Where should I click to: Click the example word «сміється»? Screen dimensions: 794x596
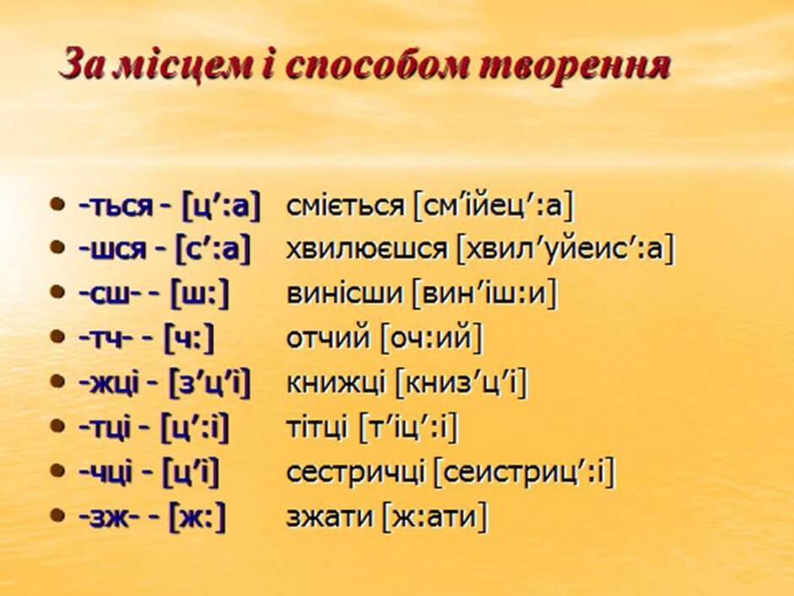(345, 205)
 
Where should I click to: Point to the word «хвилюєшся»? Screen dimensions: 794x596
(367, 249)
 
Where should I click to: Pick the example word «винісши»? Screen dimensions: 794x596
(344, 294)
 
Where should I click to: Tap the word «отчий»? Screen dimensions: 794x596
(328, 338)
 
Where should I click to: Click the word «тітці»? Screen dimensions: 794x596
(317, 427)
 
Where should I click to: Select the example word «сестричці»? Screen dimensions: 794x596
(356, 472)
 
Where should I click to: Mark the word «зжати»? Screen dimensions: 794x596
(330, 517)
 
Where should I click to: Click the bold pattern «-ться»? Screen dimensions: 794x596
(115, 206)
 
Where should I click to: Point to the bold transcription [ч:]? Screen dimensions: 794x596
(189, 338)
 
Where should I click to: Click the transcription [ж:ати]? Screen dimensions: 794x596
(435, 517)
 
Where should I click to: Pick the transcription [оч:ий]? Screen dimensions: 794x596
(432, 338)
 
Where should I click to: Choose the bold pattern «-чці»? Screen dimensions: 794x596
(106, 473)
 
